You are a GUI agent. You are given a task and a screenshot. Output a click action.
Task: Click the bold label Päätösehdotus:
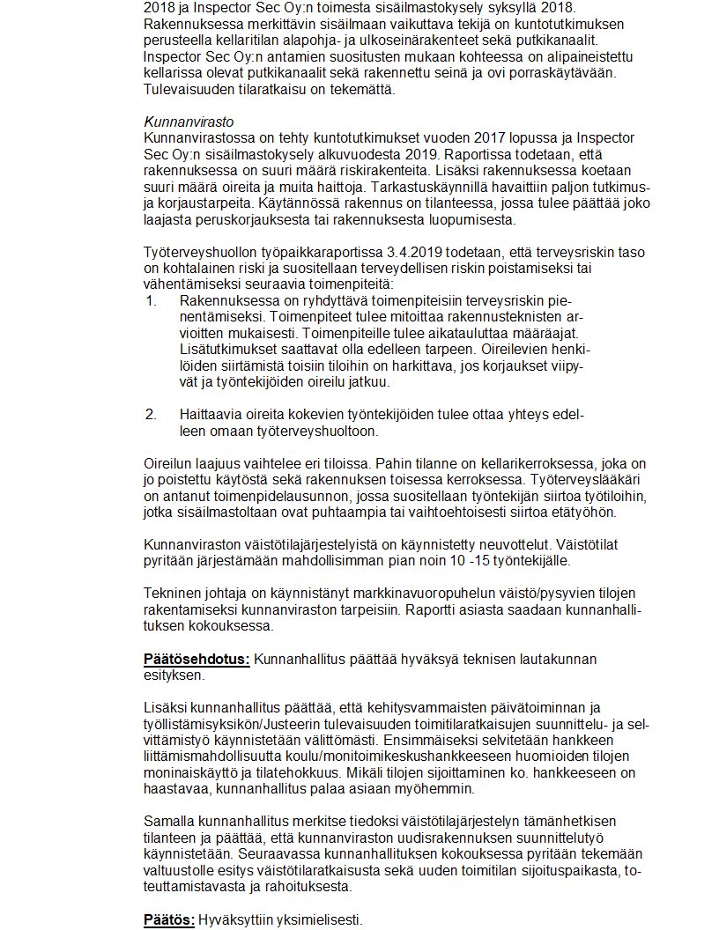197,659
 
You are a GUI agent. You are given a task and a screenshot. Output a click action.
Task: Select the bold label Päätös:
169,919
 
